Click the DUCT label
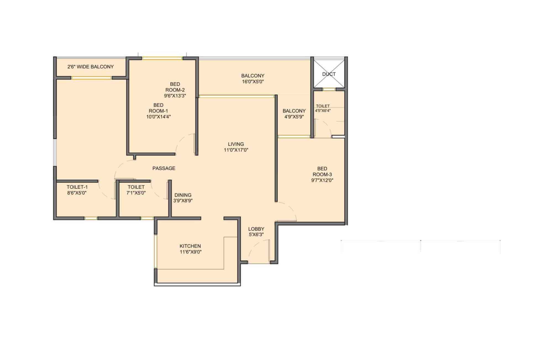pos(329,74)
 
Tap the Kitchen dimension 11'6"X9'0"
pos(190,252)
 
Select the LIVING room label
pos(236,144)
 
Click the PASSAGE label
pos(164,168)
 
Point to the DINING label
pos(183,195)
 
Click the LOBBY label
pos(256,229)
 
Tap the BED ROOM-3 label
pos(322,172)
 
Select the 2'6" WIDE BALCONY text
pos(90,67)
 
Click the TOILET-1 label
pos(77,187)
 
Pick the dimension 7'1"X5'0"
pos(136,193)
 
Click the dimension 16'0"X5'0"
pos(253,82)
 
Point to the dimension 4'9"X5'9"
pos(294,117)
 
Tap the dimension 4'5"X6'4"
pos(323,111)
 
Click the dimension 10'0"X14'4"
pos(158,117)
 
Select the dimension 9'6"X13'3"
pos(175,96)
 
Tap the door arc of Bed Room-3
pos(289,210)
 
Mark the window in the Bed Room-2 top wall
pos(162,58)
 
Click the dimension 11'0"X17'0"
pos(236,150)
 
